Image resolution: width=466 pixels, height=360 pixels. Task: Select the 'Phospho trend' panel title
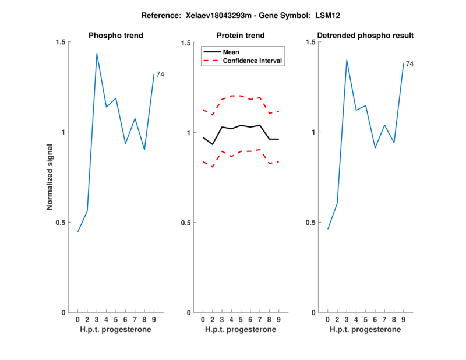click(x=116, y=36)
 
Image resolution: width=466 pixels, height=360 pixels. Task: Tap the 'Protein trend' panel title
click(x=241, y=36)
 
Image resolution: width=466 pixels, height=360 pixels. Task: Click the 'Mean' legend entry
click(x=231, y=52)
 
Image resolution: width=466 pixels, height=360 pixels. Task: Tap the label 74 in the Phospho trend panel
click(x=160, y=74)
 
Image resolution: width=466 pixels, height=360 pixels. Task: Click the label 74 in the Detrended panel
click(x=409, y=64)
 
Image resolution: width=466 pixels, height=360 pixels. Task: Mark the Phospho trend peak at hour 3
click(x=97, y=54)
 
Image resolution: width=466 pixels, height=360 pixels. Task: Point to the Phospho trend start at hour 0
click(x=78, y=231)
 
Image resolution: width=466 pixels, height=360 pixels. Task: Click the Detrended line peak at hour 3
click(x=347, y=59)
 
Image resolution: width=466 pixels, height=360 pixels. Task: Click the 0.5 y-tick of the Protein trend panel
click(x=186, y=223)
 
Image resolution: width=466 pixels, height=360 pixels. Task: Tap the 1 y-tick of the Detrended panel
click(x=312, y=132)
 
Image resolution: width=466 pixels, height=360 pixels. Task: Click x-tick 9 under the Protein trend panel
click(x=279, y=319)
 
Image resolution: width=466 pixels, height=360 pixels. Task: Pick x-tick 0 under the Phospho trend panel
click(x=78, y=319)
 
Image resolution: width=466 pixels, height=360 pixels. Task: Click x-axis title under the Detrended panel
click(x=365, y=329)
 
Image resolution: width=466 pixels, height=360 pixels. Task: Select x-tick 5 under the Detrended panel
click(x=365, y=319)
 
